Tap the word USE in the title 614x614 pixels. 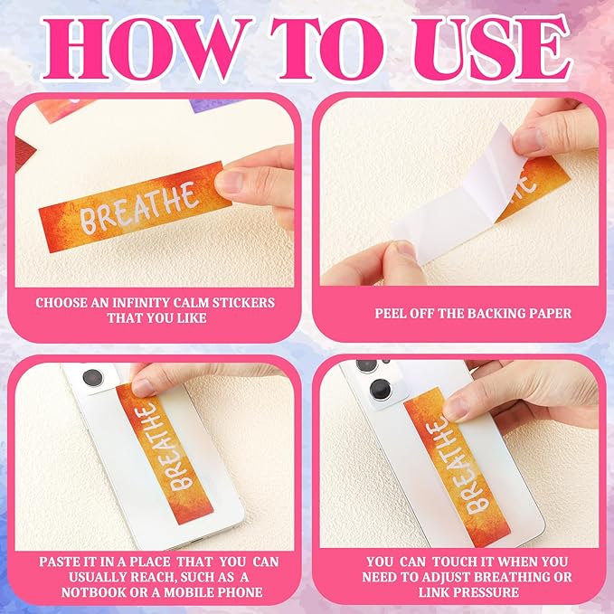(492, 49)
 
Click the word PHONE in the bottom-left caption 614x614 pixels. (241, 592)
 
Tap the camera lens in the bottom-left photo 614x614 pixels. (93, 378)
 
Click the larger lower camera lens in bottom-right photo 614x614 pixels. (381, 391)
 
